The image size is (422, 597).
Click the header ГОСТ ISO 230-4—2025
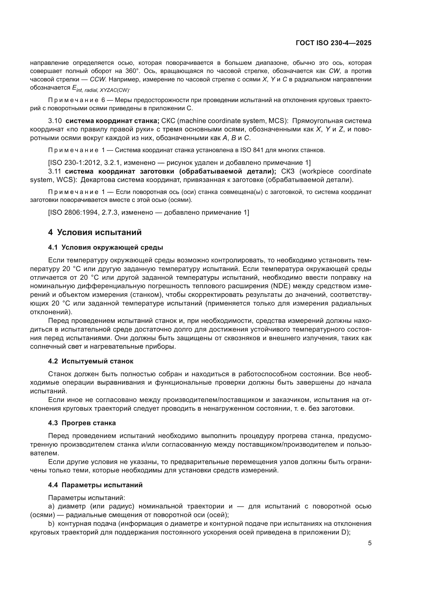[x=333, y=43]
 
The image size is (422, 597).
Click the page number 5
[x=370, y=543]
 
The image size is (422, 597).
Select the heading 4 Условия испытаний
[x=95, y=232]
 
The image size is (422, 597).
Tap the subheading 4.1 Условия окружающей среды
[x=106, y=247]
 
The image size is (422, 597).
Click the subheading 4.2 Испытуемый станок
[x=91, y=361]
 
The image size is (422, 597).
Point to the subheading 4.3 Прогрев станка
[x=82, y=423]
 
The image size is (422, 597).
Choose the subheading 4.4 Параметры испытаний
[x=95, y=485]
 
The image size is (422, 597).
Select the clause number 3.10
[x=55, y=121]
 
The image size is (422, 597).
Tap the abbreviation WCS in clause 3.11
[x=64, y=180]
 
